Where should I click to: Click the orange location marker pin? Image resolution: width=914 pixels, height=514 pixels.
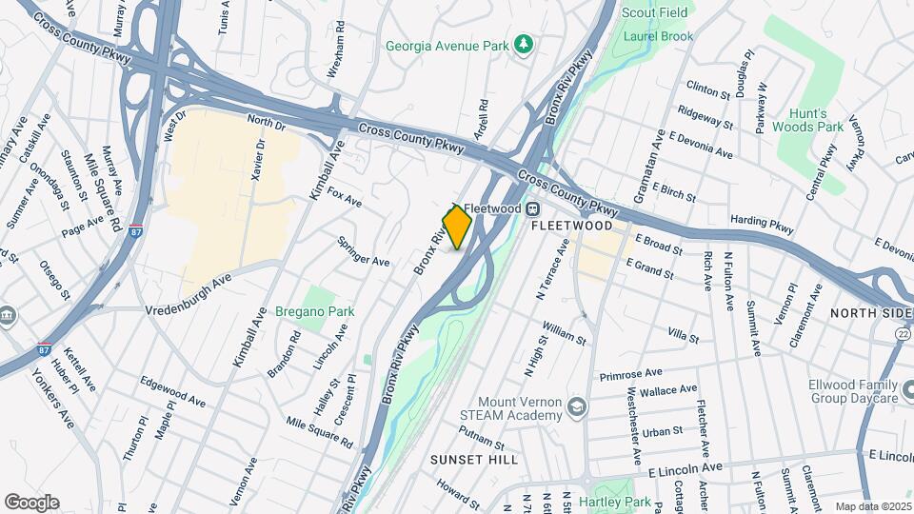click(458, 227)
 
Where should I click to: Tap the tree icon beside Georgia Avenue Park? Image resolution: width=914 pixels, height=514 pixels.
click(523, 44)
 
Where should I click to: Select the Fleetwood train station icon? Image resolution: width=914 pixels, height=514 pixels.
click(535, 208)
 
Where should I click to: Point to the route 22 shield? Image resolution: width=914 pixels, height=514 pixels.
click(902, 331)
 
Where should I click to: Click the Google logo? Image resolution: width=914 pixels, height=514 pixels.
click(31, 502)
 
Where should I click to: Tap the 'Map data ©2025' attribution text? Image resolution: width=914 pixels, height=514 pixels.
click(873, 506)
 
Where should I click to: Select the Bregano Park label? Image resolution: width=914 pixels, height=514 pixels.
click(314, 311)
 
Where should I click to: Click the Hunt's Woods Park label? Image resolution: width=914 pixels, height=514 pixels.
click(807, 119)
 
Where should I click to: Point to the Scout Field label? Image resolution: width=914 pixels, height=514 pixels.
click(656, 12)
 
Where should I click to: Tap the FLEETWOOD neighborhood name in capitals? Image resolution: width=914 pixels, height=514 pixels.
click(571, 227)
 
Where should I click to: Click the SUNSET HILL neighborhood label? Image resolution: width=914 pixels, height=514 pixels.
click(473, 460)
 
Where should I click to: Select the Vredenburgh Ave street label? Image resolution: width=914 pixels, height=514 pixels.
click(189, 296)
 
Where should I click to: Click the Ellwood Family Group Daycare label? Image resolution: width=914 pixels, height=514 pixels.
click(853, 391)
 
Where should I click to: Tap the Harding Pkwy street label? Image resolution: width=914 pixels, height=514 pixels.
click(762, 225)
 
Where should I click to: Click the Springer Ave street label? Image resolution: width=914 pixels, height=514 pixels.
click(364, 251)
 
